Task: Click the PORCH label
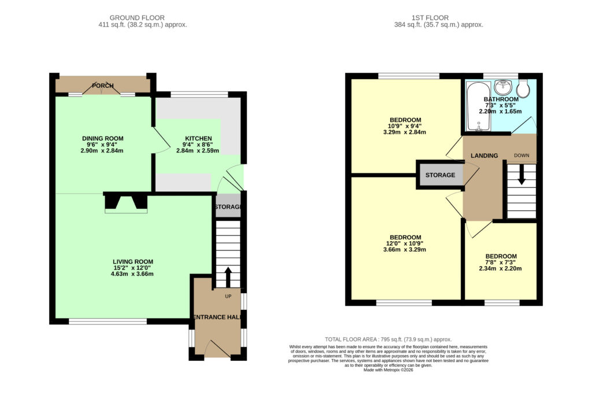pyautogui.click(x=103, y=86)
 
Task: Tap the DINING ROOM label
pyautogui.click(x=103, y=139)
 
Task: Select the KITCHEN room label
pyautogui.click(x=198, y=139)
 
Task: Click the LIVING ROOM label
pyautogui.click(x=133, y=261)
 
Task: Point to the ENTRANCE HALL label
pyautogui.click(x=217, y=317)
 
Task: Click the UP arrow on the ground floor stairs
pyautogui.click(x=228, y=278)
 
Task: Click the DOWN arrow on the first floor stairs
pyautogui.click(x=521, y=176)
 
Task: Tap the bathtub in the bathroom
pyautogui.click(x=478, y=106)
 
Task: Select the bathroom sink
pyautogui.click(x=502, y=87)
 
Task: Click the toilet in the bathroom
pyautogui.click(x=523, y=88)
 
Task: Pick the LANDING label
pyautogui.click(x=484, y=156)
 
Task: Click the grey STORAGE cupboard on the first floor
pyautogui.click(x=440, y=175)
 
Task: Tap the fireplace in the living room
pyautogui.click(x=125, y=202)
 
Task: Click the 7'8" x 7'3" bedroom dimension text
pyautogui.click(x=501, y=263)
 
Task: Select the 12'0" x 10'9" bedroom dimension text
pyautogui.click(x=405, y=243)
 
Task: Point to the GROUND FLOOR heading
pyautogui.click(x=137, y=18)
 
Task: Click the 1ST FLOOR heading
pyautogui.click(x=430, y=18)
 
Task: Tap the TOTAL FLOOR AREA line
pyautogui.click(x=388, y=339)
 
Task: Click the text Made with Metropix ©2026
pyautogui.click(x=388, y=370)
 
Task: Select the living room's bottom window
pyautogui.click(x=108, y=322)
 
